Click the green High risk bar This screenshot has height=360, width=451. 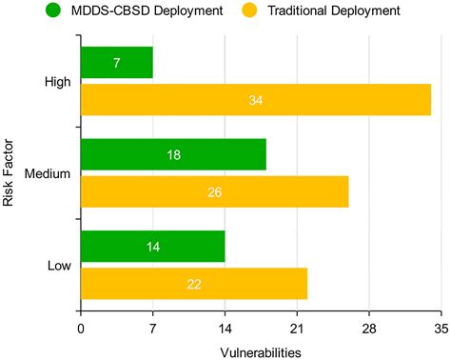click(116, 63)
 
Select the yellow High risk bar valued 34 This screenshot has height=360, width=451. click(255, 100)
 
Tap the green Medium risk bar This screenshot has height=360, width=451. click(173, 154)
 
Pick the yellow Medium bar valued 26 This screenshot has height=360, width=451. click(214, 191)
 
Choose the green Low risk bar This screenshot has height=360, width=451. click(152, 246)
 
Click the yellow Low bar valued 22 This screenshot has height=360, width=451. click(193, 283)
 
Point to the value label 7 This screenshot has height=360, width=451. click(117, 63)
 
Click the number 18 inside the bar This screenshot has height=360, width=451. click(173, 154)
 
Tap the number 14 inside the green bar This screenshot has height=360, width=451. click(153, 246)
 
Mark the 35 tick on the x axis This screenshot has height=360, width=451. click(441, 330)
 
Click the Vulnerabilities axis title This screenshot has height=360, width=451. click(261, 351)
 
